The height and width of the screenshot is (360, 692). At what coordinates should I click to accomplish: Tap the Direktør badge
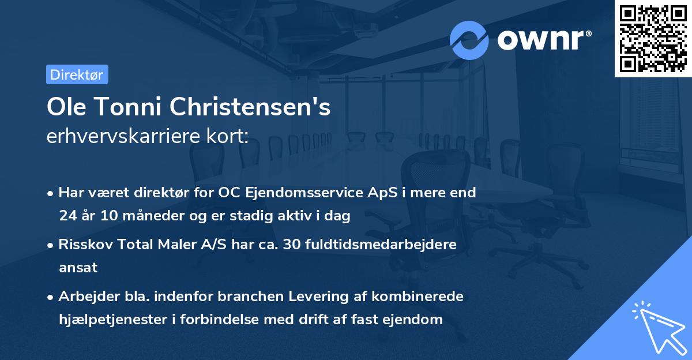point(77,74)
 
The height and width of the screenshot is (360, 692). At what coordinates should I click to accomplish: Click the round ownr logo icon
point(469,40)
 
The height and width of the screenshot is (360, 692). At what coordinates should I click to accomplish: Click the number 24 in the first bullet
point(67,216)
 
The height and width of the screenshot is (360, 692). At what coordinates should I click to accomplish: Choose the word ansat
point(78,268)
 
